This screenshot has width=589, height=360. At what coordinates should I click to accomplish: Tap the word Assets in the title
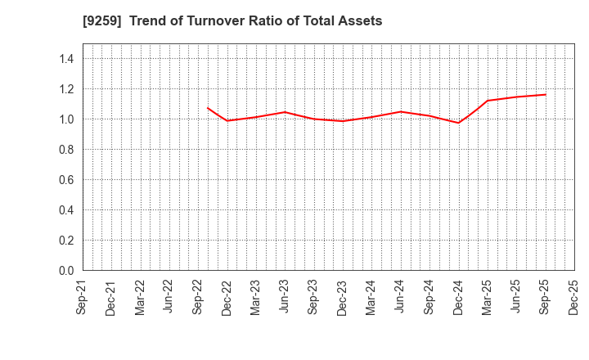[x=361, y=21]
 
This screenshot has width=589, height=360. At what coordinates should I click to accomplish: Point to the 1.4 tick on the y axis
[x=66, y=59]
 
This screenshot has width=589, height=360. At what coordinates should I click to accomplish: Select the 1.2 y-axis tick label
[x=66, y=89]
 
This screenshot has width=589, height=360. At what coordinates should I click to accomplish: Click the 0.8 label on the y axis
[x=66, y=150]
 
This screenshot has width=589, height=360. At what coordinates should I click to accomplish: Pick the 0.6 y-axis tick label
[x=66, y=180]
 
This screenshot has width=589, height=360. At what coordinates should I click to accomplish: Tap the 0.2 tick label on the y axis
[x=66, y=241]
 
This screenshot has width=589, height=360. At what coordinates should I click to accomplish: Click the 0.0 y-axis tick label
[x=66, y=271]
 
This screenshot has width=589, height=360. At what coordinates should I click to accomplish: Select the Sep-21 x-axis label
[x=83, y=298]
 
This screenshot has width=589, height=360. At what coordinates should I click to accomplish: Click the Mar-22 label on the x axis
[x=141, y=298]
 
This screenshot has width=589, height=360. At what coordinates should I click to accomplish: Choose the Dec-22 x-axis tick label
[x=227, y=298]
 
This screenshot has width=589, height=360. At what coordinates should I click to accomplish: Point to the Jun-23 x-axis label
[x=285, y=298]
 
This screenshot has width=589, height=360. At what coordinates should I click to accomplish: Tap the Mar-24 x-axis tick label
[x=371, y=298]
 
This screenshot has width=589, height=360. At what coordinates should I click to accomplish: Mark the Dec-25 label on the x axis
[x=573, y=298]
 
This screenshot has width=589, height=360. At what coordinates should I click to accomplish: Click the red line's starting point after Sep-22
[x=208, y=108]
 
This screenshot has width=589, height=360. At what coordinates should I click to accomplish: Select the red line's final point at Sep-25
[x=545, y=94]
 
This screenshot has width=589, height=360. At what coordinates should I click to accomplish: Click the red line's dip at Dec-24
[x=458, y=123]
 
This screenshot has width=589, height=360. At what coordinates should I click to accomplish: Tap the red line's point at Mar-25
[x=488, y=101]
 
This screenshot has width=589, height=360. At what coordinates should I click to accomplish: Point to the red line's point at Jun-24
[x=401, y=111]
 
